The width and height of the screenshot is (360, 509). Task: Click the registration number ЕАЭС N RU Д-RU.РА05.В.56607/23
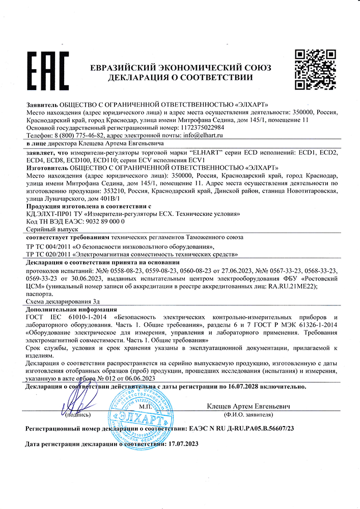pyautogui.click(x=242, y=429)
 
